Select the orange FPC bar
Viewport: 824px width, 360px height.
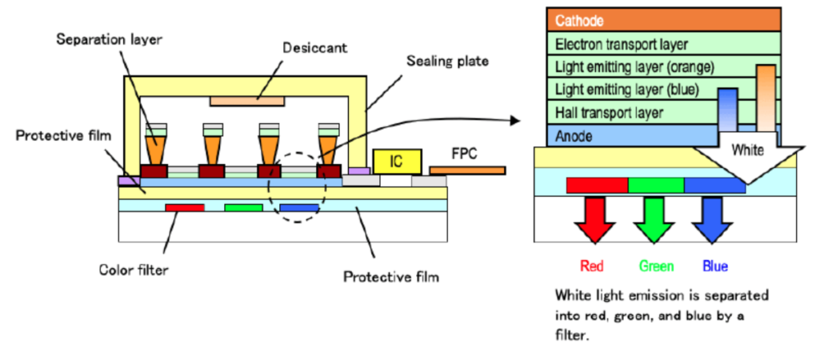click(467, 170)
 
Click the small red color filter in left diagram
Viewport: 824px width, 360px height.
click(185, 207)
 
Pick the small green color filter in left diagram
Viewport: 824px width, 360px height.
click(243, 207)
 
